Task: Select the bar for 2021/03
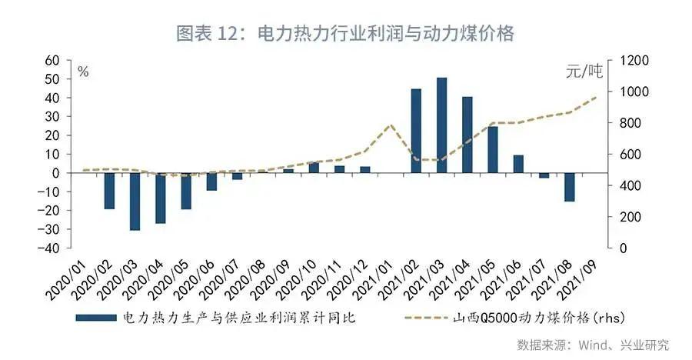click(x=441, y=125)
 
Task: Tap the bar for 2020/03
click(x=135, y=202)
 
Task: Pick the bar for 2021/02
click(x=416, y=131)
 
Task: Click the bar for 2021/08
click(x=569, y=187)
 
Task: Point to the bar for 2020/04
click(x=160, y=198)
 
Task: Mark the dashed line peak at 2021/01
click(x=391, y=125)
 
